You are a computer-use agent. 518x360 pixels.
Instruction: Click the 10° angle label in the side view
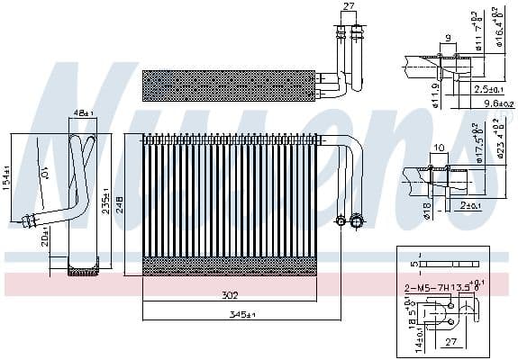tap(45, 171)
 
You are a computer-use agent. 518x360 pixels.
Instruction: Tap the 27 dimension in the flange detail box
tap(452, 342)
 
